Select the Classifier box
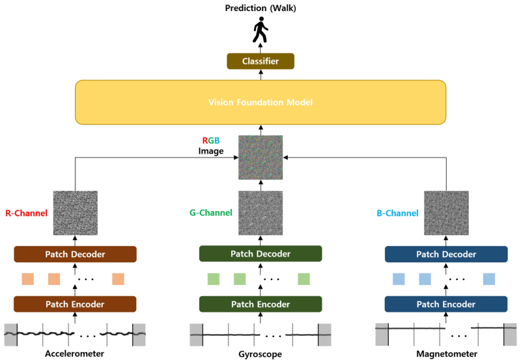point(260,61)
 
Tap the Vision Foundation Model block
point(260,102)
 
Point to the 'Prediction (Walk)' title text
point(260,8)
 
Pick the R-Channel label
point(26,213)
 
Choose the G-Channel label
point(210,213)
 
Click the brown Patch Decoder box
point(74,253)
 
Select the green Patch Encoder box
point(260,304)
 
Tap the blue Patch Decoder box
point(446,253)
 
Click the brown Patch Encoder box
point(74,304)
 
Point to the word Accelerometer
point(74,353)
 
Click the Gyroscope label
point(260,353)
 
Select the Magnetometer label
point(446,353)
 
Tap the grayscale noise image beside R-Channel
point(74,212)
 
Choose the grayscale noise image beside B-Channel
point(446,212)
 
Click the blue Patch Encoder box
point(446,304)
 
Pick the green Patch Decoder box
point(260,253)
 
